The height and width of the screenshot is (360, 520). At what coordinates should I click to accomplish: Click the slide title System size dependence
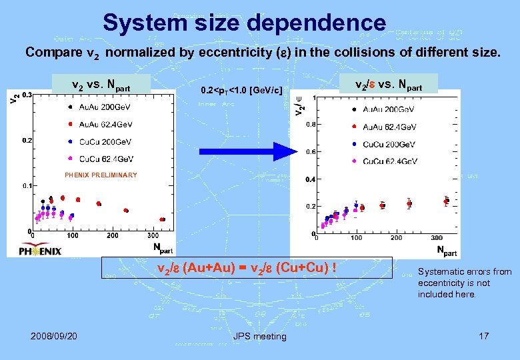(244, 23)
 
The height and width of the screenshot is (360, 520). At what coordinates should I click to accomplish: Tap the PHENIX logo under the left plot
(40, 250)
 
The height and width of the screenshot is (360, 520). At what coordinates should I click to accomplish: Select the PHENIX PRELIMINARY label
(101, 175)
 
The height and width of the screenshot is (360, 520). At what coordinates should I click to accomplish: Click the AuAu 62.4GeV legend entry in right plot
(389, 127)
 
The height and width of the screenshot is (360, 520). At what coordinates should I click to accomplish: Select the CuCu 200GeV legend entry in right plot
(389, 144)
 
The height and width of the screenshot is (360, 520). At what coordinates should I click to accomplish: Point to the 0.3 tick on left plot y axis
(27, 95)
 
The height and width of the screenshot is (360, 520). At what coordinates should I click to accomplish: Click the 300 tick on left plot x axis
(153, 235)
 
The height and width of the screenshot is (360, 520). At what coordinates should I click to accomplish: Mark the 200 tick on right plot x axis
(396, 238)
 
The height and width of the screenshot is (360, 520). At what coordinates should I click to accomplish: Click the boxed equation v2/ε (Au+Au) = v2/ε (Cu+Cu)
(245, 269)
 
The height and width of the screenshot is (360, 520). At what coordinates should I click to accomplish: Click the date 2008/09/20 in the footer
(54, 335)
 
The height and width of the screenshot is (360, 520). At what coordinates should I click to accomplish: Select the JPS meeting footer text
(259, 336)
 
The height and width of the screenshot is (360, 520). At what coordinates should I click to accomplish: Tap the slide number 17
(483, 335)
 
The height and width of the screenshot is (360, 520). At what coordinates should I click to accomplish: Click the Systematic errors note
(465, 283)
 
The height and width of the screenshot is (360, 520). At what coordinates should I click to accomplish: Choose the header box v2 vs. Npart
(101, 85)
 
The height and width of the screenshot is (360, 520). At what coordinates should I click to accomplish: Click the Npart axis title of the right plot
(447, 251)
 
